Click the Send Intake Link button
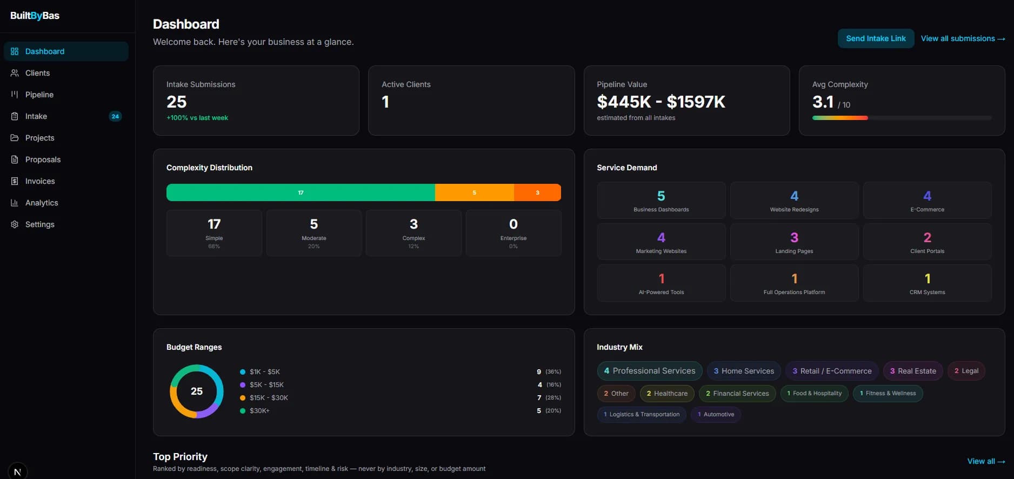[876, 38]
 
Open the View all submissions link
[963, 38]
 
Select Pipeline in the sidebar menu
[39, 95]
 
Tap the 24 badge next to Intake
[115, 116]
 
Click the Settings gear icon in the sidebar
[15, 224]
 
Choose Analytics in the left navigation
[42, 203]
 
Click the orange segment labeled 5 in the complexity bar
[474, 192]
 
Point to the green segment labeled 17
[301, 192]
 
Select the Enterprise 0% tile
[513, 233]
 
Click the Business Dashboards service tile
[661, 201]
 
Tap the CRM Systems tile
[927, 283]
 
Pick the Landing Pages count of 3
[794, 237]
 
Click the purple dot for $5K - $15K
[243, 385]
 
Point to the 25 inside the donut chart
[197, 391]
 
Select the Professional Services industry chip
[649, 371]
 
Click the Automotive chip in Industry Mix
[716, 415]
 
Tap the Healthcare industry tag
[667, 394]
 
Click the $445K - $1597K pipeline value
[661, 102]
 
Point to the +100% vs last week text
[197, 118]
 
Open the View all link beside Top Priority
[985, 461]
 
